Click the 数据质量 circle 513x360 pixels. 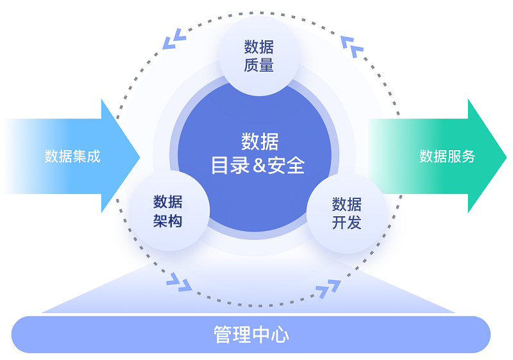tap(259, 56)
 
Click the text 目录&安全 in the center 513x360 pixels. tap(258, 166)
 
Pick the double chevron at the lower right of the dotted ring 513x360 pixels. tap(328, 288)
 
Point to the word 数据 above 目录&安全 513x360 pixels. tap(260, 141)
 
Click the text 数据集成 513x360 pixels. tap(72, 156)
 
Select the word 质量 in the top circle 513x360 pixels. tap(259, 65)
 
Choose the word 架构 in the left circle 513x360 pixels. tap(168, 221)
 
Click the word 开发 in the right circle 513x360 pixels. tap(346, 223)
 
